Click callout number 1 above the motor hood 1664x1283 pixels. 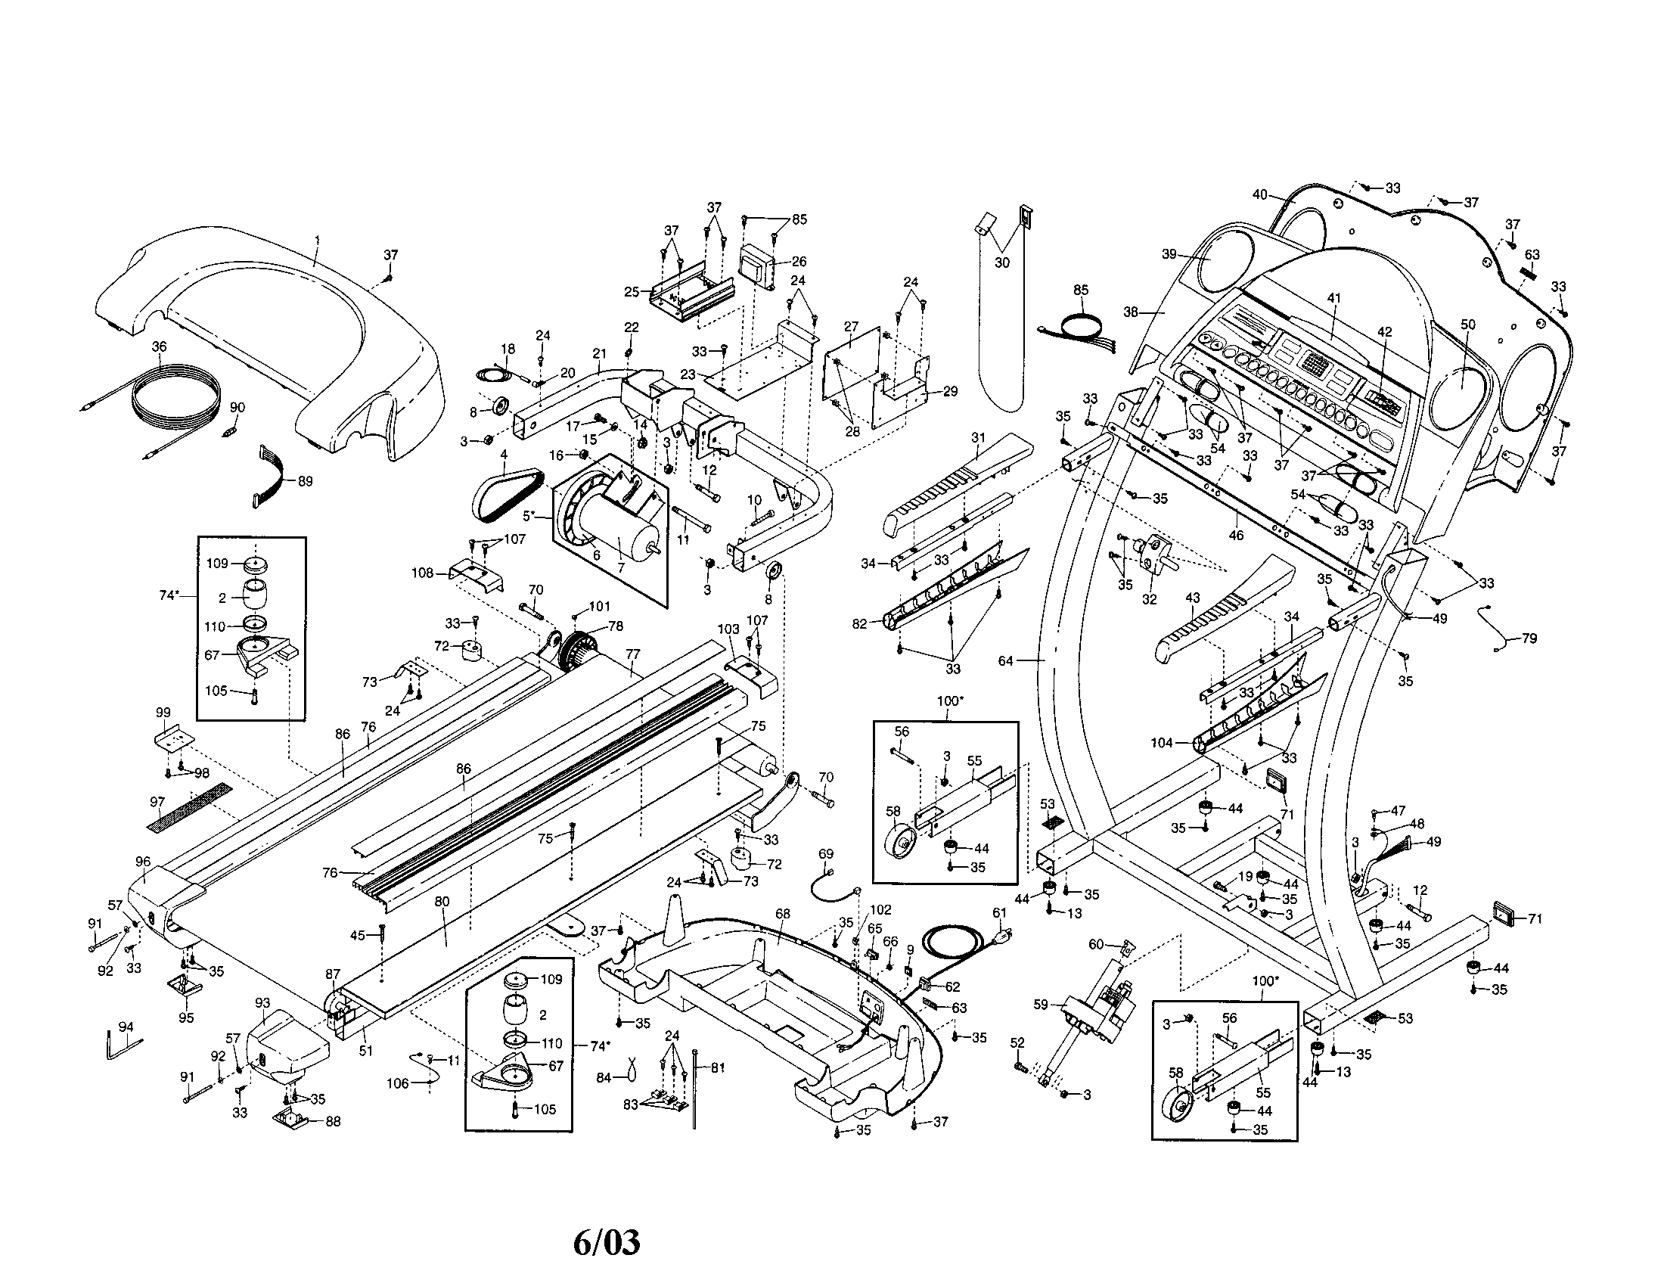(317, 240)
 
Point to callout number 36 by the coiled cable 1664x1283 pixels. (159, 346)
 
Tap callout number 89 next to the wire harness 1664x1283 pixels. (305, 482)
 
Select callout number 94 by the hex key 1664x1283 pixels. (126, 1027)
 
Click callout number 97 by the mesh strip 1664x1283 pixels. (157, 803)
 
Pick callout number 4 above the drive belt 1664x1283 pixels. (503, 455)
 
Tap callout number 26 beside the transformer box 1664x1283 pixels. (799, 261)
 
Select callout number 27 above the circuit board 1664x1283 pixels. (852, 327)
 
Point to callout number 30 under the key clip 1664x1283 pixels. (1002, 263)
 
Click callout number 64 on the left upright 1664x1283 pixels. (1006, 660)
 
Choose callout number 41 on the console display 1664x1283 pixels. (1333, 299)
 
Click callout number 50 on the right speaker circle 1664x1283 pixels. (1467, 324)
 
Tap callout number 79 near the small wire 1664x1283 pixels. (1529, 638)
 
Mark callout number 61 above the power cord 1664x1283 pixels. (1000, 913)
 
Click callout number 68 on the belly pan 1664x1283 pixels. (783, 914)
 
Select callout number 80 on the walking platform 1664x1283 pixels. (442, 902)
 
